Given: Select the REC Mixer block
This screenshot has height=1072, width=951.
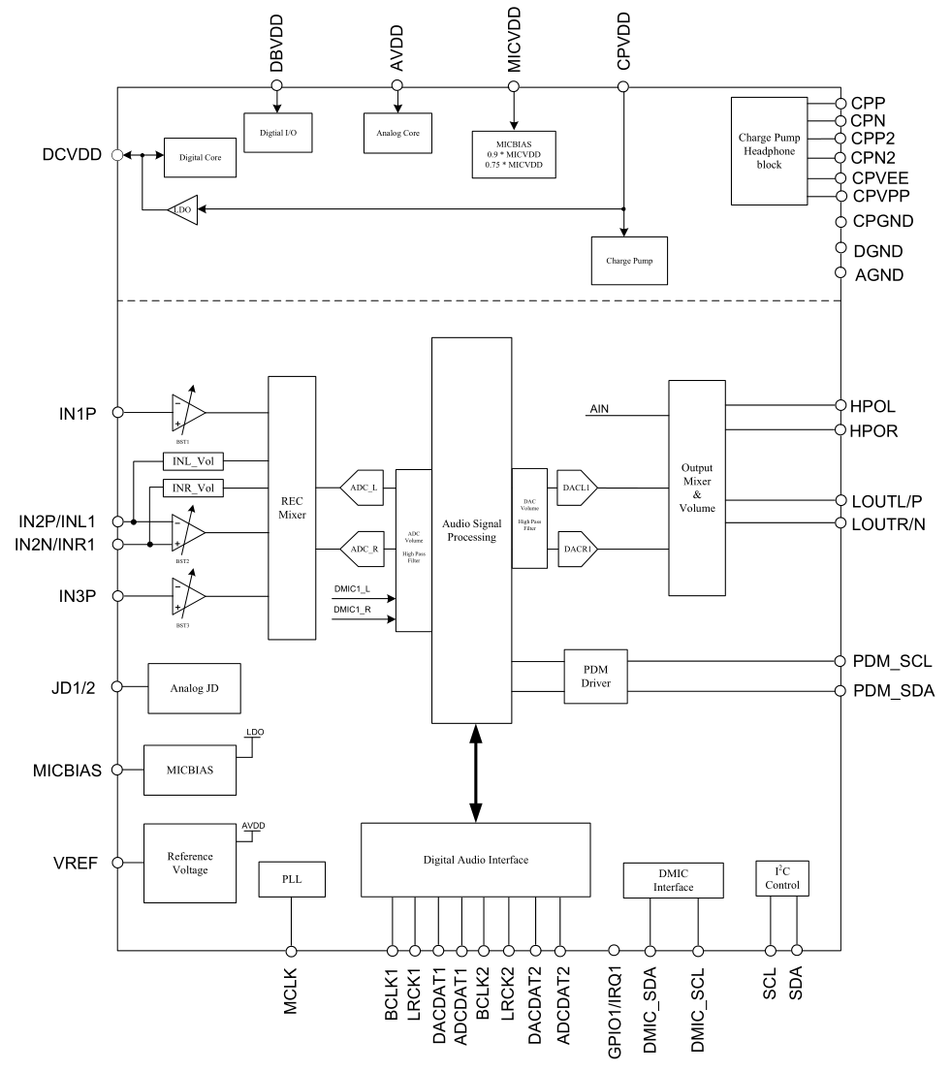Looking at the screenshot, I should (x=292, y=507).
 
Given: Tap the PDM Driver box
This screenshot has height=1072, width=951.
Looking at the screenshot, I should (x=596, y=676).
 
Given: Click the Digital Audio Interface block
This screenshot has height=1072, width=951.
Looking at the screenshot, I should (x=475, y=860).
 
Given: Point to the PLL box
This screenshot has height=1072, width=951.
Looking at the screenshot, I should (x=292, y=879).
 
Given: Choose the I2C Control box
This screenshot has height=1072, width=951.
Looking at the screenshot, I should (x=781, y=878).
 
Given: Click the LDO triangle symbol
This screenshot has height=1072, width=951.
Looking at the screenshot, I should (x=181, y=208).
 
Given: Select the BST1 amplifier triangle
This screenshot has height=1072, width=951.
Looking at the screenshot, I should (x=187, y=411).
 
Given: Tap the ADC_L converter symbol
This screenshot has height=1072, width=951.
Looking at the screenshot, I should (x=361, y=488).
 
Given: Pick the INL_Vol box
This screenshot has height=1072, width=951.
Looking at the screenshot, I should (x=192, y=461).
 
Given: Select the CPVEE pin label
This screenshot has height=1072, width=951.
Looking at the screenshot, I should (x=880, y=178).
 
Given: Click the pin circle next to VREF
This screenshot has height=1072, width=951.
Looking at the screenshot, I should (x=118, y=863).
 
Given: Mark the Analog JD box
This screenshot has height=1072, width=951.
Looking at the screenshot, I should (x=193, y=688).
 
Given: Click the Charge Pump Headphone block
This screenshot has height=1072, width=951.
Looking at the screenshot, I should (x=768, y=150).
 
